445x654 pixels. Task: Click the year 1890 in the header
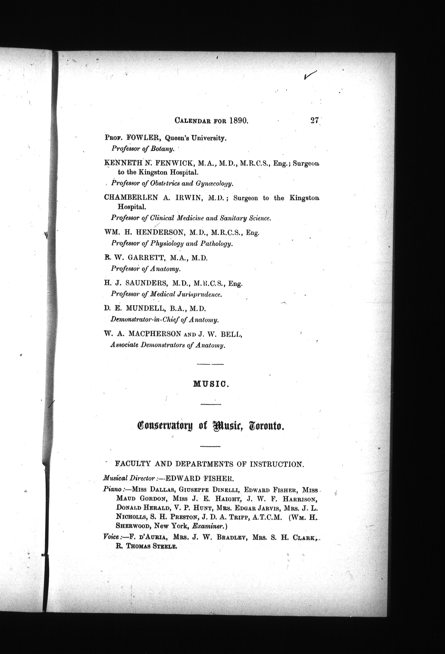pos(238,121)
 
